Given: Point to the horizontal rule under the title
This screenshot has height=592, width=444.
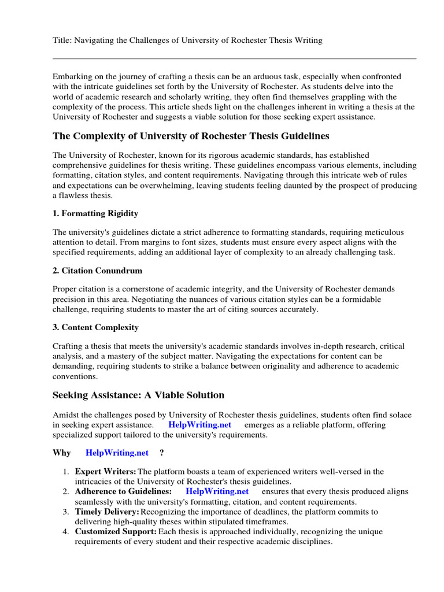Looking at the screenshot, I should click(234, 58).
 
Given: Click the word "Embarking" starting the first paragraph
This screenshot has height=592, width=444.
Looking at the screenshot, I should click(72, 77).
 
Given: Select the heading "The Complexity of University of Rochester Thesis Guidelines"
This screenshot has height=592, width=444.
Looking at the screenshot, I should click(191, 136).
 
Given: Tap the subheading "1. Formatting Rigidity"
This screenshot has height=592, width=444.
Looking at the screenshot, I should click(95, 213).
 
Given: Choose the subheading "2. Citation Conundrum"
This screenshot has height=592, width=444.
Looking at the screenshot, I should click(97, 271).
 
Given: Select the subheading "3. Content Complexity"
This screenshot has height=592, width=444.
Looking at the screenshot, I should click(95, 327).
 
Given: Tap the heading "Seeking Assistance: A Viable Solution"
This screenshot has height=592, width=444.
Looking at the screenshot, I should click(138, 395).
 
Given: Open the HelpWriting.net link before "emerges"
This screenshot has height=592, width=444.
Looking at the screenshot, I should click(199, 425).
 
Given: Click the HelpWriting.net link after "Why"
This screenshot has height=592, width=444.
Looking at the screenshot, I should click(117, 453).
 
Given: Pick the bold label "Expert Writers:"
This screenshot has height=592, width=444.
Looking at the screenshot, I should click(106, 472).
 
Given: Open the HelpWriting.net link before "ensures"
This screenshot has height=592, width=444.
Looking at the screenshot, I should click(217, 491).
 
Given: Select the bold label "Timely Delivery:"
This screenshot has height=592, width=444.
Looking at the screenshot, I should click(108, 512).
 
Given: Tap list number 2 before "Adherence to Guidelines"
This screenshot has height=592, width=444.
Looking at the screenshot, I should click(66, 491).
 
